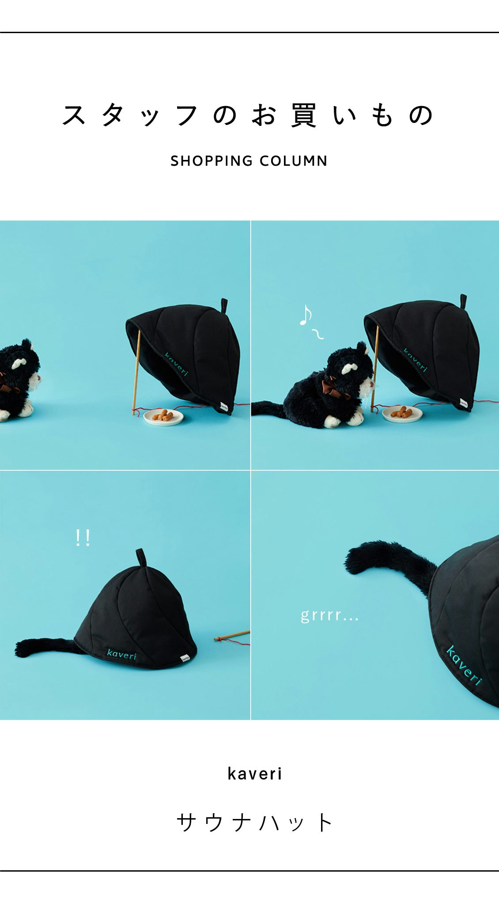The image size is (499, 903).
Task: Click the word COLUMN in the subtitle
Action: point(294,161)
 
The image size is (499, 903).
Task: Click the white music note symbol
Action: point(306,315)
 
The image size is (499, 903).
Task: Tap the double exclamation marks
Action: point(83,538)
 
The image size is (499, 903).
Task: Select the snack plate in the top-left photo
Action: point(163,416)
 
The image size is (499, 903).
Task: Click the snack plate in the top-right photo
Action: point(402,414)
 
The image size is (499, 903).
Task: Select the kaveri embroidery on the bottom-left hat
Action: point(122,654)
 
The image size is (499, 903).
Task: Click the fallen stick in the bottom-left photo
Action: point(232,636)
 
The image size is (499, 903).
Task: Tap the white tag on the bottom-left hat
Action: point(185,659)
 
